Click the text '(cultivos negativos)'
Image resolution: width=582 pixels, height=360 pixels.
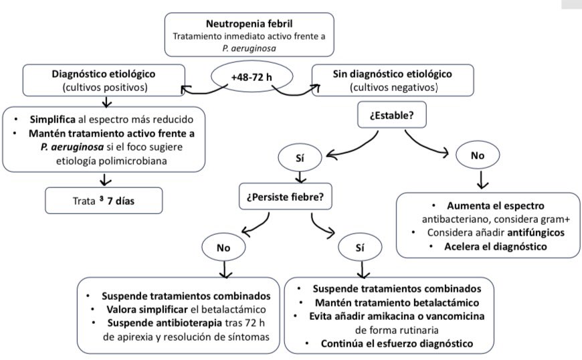(392, 87)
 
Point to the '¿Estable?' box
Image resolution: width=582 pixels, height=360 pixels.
(391, 114)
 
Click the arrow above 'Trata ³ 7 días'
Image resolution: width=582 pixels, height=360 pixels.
(105, 179)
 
